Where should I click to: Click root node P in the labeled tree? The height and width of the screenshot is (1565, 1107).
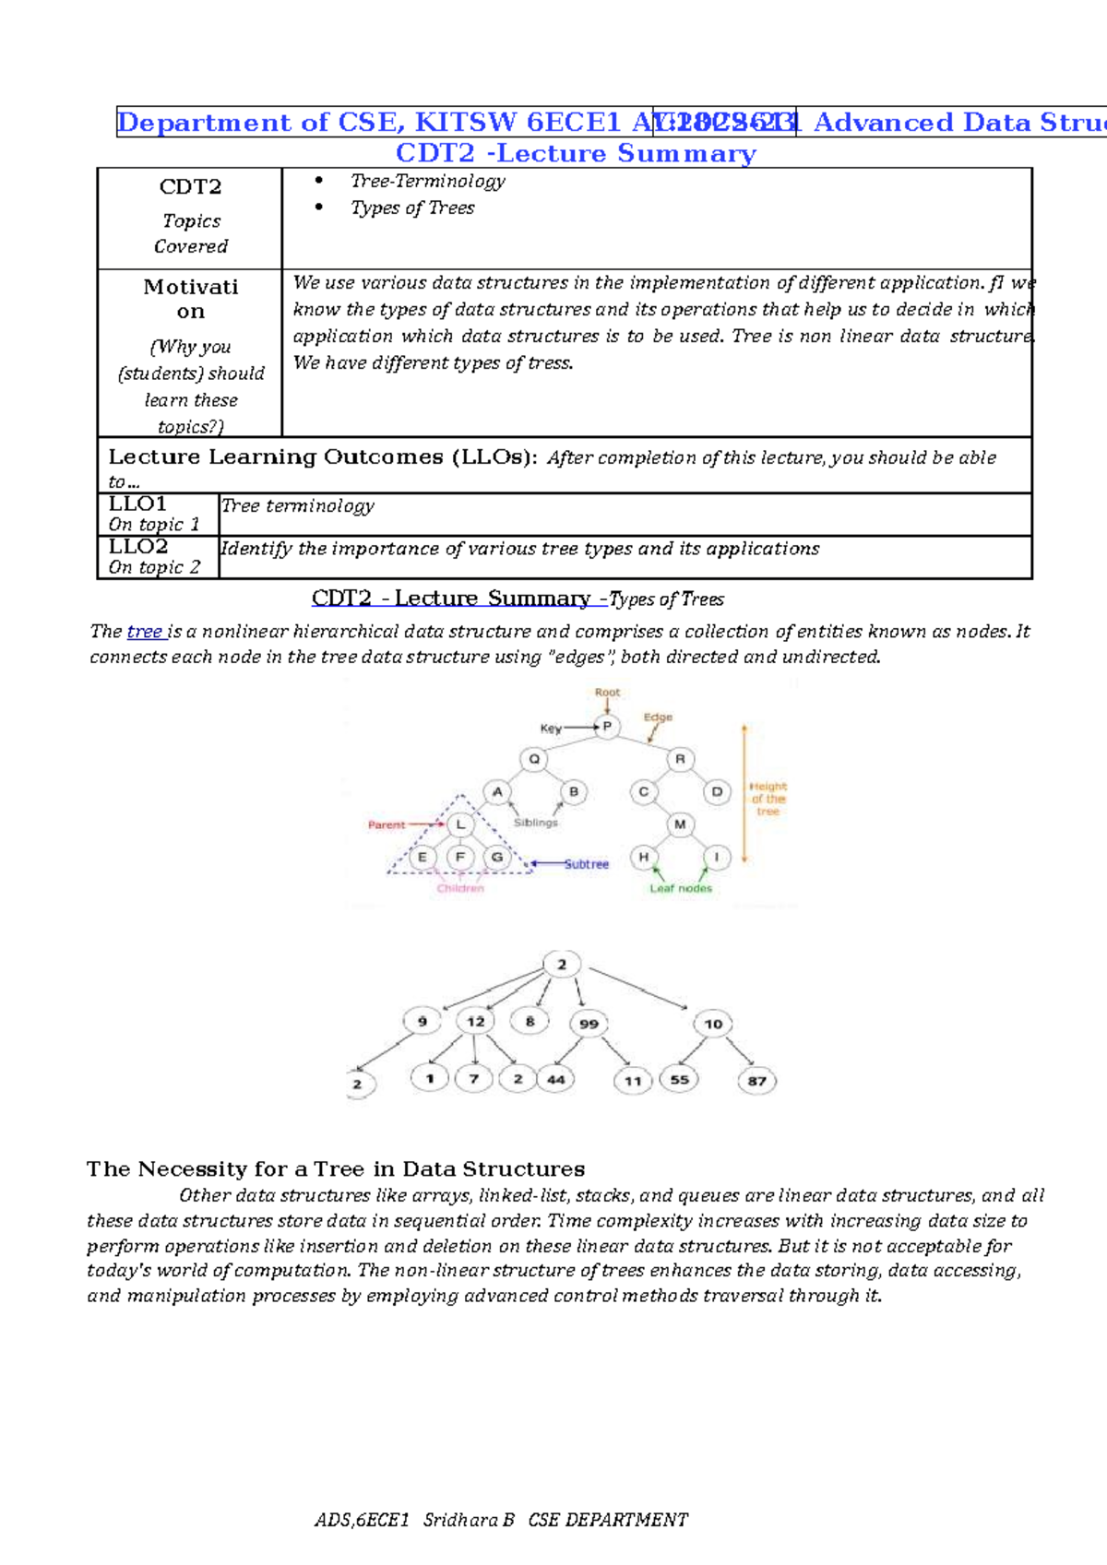point(606,727)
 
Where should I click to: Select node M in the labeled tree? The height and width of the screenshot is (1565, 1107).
point(680,824)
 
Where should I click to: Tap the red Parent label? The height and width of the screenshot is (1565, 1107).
point(386,824)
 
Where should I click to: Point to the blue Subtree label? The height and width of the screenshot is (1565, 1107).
point(587,864)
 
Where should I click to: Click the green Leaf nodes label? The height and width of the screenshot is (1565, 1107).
point(681,888)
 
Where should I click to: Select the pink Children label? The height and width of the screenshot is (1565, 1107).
point(460,888)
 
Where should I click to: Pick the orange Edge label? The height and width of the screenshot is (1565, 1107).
point(658,717)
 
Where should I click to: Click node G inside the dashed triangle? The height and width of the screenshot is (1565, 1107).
point(497,857)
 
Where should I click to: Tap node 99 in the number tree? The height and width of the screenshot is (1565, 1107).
point(589,1024)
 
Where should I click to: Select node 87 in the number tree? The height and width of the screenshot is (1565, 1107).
point(756,1081)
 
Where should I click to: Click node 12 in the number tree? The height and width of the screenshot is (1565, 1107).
point(475,1021)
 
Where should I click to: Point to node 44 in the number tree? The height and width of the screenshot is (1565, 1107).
point(556,1079)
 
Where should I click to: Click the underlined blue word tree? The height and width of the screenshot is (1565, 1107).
point(145,632)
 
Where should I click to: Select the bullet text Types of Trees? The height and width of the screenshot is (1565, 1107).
point(412,208)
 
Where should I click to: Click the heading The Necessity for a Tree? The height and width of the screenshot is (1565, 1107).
point(335,1169)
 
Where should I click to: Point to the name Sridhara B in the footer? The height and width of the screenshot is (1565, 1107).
point(468,1520)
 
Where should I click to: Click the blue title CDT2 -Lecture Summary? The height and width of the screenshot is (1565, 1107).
point(576,153)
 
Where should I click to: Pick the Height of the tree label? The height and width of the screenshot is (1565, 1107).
point(768,799)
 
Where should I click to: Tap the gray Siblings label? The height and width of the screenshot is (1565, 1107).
point(535,822)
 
